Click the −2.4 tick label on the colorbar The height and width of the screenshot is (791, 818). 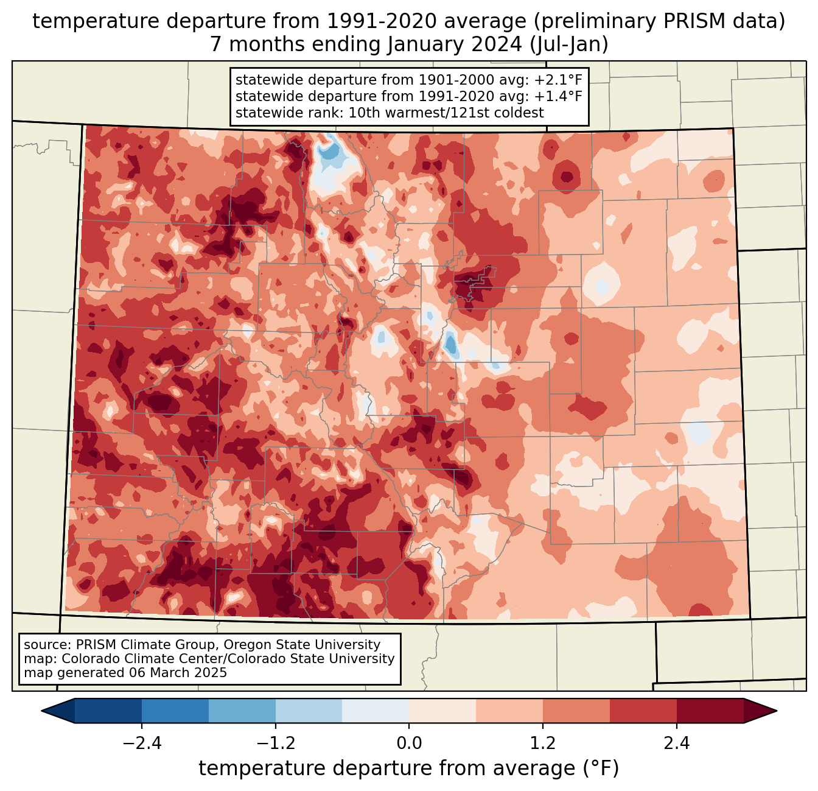point(142,744)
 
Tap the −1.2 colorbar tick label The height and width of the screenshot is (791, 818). point(275,744)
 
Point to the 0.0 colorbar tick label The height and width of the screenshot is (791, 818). point(409,744)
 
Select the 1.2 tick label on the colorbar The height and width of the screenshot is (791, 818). point(543,744)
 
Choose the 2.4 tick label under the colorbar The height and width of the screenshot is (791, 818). point(676,744)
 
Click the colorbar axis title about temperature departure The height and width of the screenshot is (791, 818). point(409,768)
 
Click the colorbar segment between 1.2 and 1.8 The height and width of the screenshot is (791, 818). point(576,711)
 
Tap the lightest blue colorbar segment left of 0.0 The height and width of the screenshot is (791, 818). point(376,711)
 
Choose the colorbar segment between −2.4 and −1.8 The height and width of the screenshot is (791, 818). point(175,711)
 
